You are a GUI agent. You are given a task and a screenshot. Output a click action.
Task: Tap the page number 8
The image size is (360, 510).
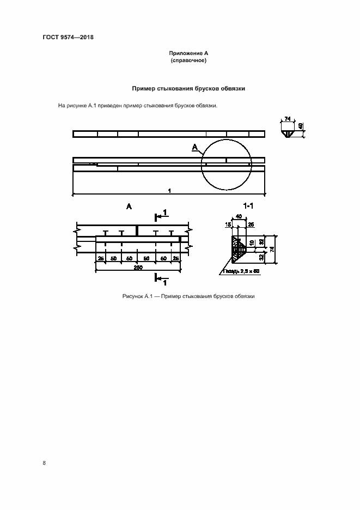point(44,463)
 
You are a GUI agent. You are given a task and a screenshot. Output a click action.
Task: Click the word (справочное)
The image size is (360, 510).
point(188,60)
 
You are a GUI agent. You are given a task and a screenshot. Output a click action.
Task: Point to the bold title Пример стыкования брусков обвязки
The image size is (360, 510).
point(188,88)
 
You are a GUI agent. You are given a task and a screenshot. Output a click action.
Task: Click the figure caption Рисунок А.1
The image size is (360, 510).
point(189,296)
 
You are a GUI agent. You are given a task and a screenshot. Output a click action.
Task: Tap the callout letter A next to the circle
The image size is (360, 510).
point(195,147)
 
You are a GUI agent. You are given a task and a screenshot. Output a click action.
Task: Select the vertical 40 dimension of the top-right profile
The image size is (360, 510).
point(301,127)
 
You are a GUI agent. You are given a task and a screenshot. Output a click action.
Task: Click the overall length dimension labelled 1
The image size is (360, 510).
point(170,191)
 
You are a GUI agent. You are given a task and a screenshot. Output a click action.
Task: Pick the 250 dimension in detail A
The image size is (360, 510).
point(138,268)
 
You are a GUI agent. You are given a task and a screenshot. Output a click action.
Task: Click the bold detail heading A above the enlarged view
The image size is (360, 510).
point(129,206)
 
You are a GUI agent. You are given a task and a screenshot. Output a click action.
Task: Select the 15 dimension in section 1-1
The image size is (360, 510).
point(228,224)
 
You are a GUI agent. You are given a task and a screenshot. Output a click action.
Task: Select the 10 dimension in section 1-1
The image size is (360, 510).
point(251,242)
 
